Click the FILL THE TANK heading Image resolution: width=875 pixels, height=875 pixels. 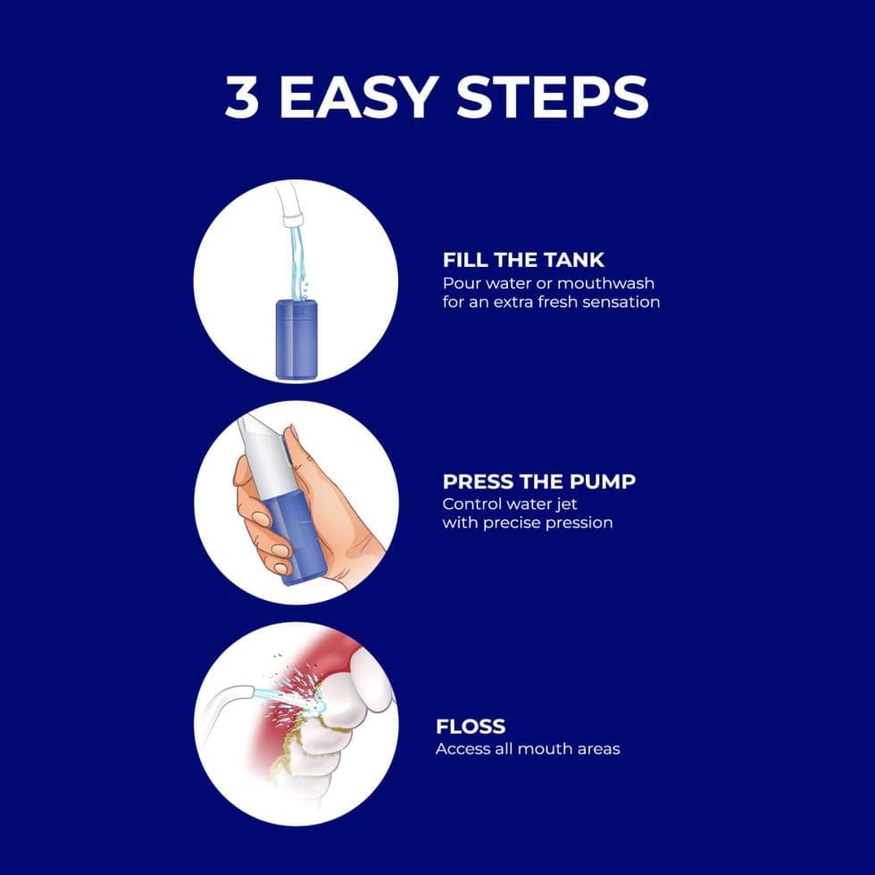[523, 260]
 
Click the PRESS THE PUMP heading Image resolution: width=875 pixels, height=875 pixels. [539, 481]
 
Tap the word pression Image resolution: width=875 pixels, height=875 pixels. [576, 522]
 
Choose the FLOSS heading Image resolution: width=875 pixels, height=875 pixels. [470, 726]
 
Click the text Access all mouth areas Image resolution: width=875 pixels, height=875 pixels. [527, 748]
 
